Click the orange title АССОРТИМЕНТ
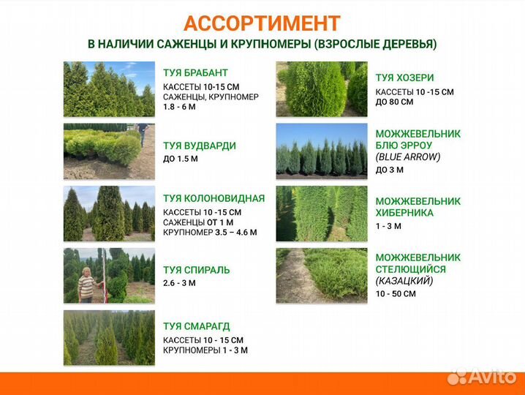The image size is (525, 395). click(x=262, y=23)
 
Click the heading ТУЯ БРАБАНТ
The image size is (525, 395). click(x=195, y=72)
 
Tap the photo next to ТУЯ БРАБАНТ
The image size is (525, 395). click(x=109, y=89)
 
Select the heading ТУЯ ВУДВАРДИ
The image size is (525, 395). click(x=199, y=146)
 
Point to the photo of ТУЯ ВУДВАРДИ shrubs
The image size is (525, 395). click(x=109, y=151)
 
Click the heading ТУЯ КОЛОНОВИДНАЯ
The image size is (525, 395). click(x=214, y=198)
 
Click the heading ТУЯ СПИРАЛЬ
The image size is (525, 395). click(x=196, y=270)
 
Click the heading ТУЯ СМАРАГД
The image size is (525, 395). click(x=196, y=326)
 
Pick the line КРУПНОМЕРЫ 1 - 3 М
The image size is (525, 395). click(x=205, y=350)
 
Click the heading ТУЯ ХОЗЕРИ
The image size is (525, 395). click(x=404, y=78)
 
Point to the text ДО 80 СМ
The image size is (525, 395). click(x=394, y=102)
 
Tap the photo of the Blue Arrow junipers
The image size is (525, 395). click(x=321, y=151)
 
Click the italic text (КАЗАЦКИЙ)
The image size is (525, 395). click(x=404, y=281)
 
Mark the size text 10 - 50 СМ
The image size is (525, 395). click(x=396, y=294)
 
